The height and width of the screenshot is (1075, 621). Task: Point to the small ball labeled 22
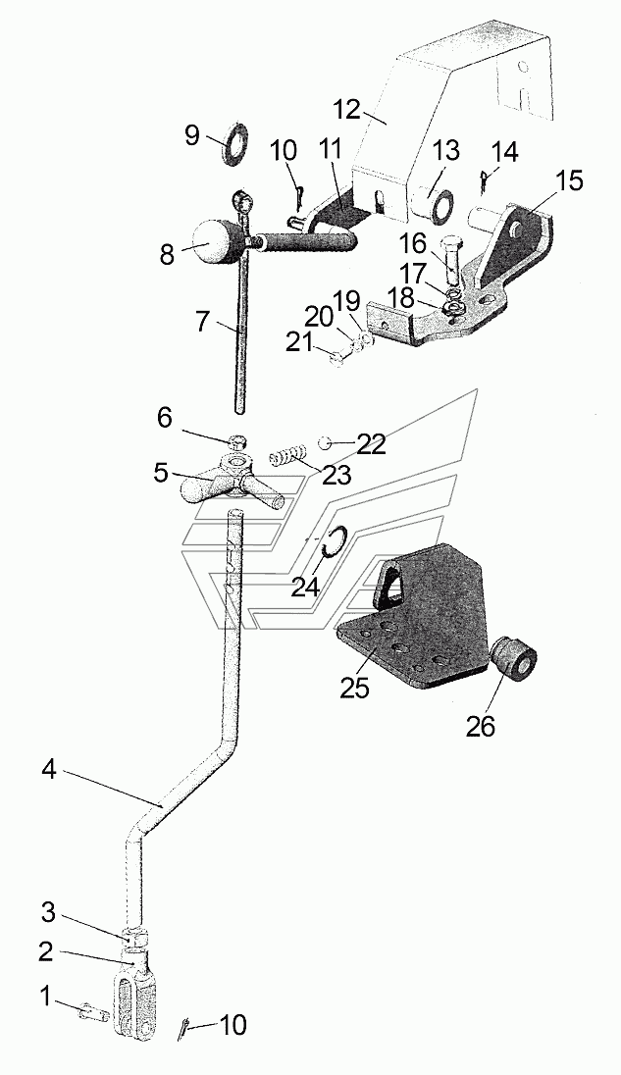tap(327, 443)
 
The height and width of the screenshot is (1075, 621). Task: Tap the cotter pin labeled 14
tap(484, 182)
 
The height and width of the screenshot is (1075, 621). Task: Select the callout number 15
tap(569, 181)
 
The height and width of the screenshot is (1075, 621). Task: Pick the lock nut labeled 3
tap(135, 934)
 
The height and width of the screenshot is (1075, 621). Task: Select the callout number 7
tap(201, 321)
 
